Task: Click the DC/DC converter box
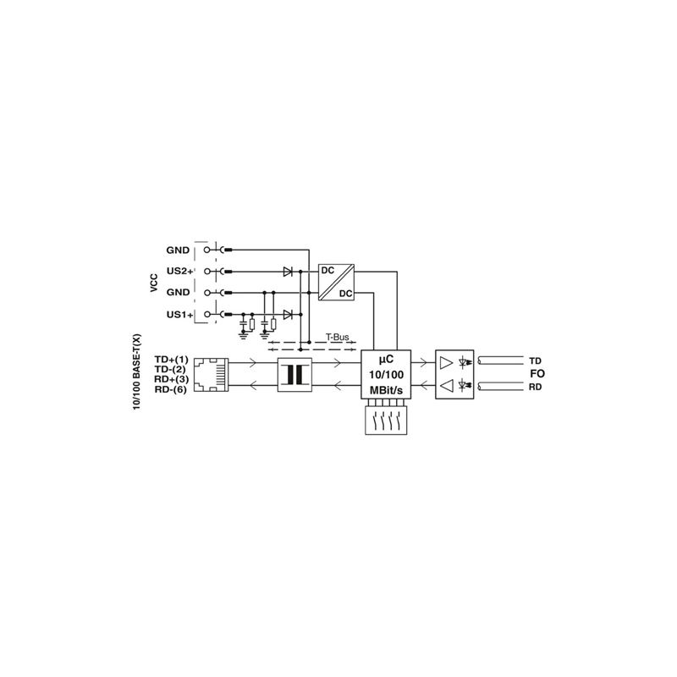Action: click(x=336, y=282)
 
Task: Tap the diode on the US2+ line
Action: click(x=288, y=272)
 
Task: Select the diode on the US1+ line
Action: click(x=288, y=314)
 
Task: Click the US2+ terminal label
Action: click(x=179, y=271)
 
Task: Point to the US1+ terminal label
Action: click(x=179, y=314)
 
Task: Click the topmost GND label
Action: click(x=178, y=250)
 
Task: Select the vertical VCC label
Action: click(x=154, y=283)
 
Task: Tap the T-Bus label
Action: click(x=337, y=337)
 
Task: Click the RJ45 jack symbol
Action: click(x=211, y=374)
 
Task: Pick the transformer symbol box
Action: click(x=294, y=375)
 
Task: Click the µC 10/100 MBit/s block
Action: click(x=386, y=374)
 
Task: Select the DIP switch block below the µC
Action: click(x=386, y=420)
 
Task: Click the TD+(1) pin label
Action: click(x=172, y=359)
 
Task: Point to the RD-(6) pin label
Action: click(x=171, y=389)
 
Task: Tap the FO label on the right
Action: click(x=537, y=373)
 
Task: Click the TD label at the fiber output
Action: click(x=536, y=361)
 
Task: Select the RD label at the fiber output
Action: click(x=536, y=388)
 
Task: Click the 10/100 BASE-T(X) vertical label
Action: click(x=137, y=372)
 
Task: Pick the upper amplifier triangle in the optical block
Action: click(x=446, y=363)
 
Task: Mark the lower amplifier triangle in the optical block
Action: click(x=446, y=386)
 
